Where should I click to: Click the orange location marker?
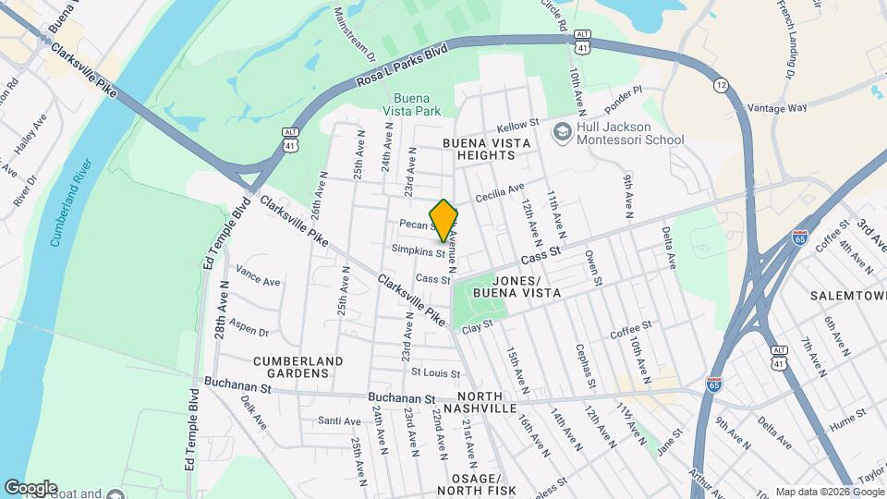[x=443, y=221]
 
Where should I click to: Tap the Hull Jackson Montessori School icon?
[x=561, y=133]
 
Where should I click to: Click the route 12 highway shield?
[x=720, y=85]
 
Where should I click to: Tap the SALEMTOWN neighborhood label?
[x=847, y=295]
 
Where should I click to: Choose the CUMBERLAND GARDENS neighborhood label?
[x=298, y=367]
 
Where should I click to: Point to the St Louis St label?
[x=434, y=373]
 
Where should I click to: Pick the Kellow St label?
[x=517, y=124]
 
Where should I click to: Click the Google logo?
[x=30, y=488]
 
